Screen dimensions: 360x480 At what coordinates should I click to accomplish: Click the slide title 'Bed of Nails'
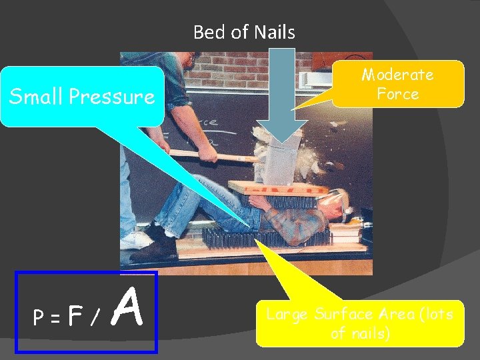pyautogui.click(x=244, y=32)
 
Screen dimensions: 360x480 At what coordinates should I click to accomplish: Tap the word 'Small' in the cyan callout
pyautogui.click(x=36, y=97)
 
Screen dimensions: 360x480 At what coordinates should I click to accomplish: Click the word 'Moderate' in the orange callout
pyautogui.click(x=397, y=75)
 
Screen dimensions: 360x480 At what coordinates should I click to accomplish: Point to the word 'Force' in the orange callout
pyautogui.click(x=397, y=94)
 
